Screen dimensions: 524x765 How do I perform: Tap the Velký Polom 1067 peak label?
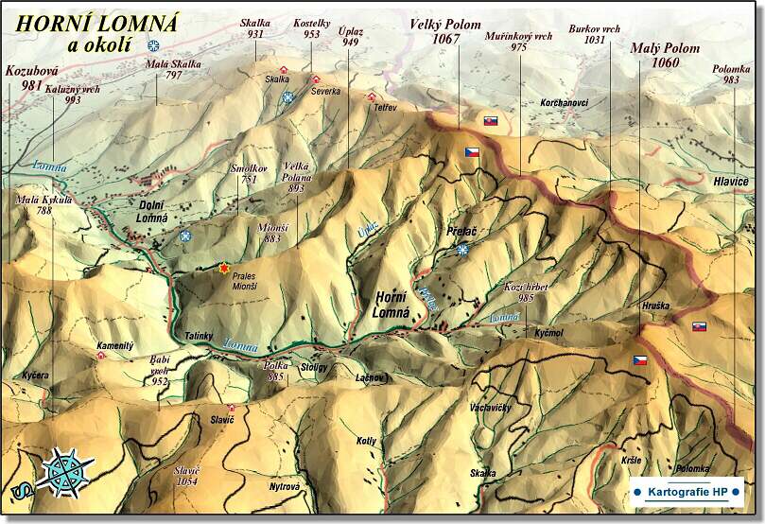[x=444, y=31]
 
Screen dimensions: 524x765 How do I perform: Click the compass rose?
[x=65, y=471]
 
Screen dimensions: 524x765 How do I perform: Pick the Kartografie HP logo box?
[x=686, y=492]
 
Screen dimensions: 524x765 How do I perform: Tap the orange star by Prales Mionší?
[x=224, y=270]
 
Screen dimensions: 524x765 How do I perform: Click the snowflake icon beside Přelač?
[x=462, y=250]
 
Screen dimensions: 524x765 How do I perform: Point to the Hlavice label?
[x=731, y=180]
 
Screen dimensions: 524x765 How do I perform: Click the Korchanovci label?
[x=564, y=101]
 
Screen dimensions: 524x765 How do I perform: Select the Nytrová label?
[x=285, y=487]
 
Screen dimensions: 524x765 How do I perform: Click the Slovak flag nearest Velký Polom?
[x=490, y=121]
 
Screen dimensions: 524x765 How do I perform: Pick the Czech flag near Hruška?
[x=640, y=360]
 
